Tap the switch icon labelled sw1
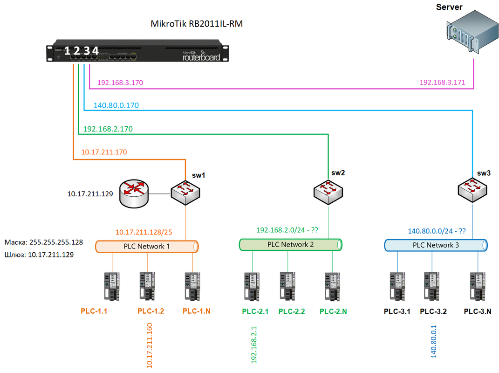click(186, 190)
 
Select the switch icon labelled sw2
click(328, 191)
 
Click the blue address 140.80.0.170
click(116, 106)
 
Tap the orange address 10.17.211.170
click(104, 152)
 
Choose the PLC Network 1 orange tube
click(147, 246)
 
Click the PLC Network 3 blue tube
click(436, 245)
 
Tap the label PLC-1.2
click(150, 311)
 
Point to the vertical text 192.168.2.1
click(254, 345)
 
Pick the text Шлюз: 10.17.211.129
click(39, 255)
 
